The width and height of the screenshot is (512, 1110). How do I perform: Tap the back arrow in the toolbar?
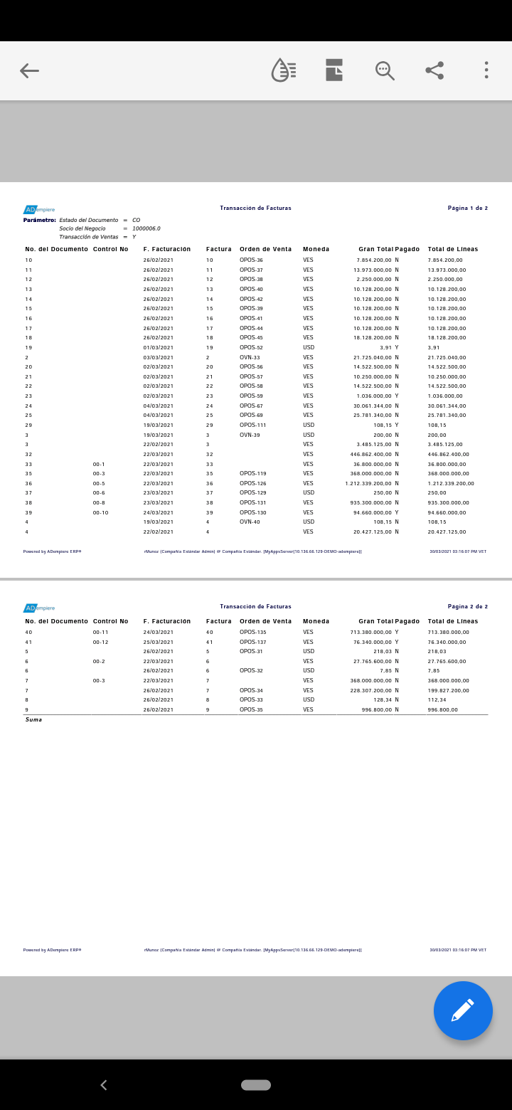[29, 70]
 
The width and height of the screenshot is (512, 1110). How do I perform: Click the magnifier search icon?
[385, 70]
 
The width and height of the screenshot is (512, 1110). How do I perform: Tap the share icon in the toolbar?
[434, 70]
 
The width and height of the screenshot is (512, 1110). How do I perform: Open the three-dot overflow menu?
[486, 70]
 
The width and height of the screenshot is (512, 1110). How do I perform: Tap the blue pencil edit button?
[463, 1010]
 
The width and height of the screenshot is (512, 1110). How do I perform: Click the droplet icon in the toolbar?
[284, 70]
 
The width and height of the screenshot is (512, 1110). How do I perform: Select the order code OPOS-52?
[251, 347]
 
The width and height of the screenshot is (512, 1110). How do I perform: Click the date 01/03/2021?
[158, 347]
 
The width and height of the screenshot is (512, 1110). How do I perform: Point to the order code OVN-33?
[250, 357]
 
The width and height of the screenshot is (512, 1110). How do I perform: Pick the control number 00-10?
[100, 512]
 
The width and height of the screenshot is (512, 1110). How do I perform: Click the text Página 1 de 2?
[467, 208]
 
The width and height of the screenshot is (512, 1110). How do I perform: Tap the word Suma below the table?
[33, 719]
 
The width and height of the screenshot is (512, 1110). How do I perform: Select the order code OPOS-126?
[252, 483]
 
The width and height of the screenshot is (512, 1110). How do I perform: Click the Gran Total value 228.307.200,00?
[370, 690]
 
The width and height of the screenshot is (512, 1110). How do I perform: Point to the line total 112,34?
[437, 699]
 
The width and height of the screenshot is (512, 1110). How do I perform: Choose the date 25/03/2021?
[158, 642]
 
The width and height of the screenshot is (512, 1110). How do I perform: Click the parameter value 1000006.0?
[146, 228]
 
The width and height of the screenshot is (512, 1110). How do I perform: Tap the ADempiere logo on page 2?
[39, 608]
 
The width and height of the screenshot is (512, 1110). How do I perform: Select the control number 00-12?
[100, 642]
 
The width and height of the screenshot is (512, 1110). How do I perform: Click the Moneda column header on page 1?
[316, 249]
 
